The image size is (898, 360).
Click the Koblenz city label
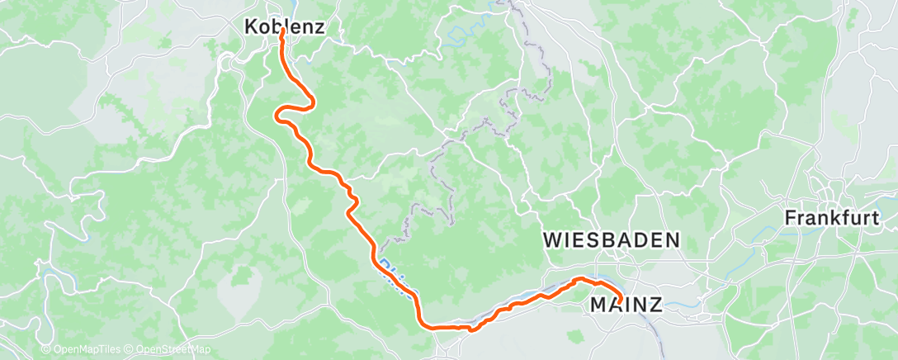284,26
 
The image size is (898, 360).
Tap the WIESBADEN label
612,240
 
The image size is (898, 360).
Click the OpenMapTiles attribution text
80,350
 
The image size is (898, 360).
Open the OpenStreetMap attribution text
173,350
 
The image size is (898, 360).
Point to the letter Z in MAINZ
655,306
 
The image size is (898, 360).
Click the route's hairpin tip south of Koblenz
314,102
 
